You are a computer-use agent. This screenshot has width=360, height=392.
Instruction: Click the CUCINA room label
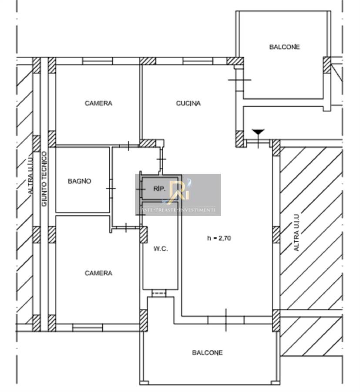[x=188, y=103]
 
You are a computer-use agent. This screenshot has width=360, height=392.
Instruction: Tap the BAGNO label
[x=80, y=181]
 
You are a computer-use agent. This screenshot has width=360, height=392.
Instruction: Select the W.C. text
[x=160, y=249]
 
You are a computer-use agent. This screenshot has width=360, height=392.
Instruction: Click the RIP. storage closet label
[x=159, y=189]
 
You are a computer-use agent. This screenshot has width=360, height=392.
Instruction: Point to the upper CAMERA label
[x=98, y=103]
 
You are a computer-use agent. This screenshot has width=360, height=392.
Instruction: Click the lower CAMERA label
[x=98, y=273]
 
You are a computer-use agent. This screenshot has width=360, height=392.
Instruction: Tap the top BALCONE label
[x=284, y=47]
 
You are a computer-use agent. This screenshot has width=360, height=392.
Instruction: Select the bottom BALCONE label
[x=207, y=352]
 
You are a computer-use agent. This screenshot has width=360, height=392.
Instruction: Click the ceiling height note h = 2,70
[x=219, y=238]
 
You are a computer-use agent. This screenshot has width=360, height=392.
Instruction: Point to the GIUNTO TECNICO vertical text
[x=44, y=179]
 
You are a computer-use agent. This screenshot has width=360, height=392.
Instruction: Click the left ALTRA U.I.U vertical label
[x=30, y=176]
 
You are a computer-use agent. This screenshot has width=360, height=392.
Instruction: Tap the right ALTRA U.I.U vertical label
[x=296, y=233]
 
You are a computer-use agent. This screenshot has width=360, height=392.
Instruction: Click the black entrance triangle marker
[x=258, y=132]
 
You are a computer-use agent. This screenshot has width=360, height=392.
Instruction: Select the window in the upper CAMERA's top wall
[x=98, y=61]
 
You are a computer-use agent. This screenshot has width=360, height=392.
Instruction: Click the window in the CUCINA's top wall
[x=198, y=61]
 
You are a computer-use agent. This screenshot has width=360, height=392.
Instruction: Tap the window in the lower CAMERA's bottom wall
[x=87, y=328]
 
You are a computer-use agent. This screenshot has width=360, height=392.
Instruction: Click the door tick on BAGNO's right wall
[x=111, y=188]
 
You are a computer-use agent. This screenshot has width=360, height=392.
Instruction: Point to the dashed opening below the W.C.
[x=159, y=293]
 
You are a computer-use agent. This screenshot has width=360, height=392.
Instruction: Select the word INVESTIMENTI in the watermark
[x=197, y=210]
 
